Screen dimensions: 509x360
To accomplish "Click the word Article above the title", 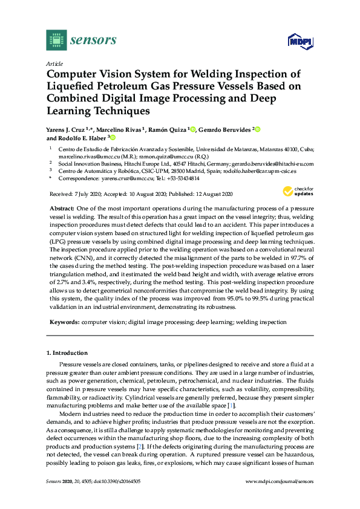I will click(53, 63).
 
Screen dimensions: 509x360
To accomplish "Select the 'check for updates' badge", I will click(298, 192).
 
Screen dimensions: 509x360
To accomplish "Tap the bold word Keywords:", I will click(64, 323).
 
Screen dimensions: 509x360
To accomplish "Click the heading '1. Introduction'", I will click(67, 352).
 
